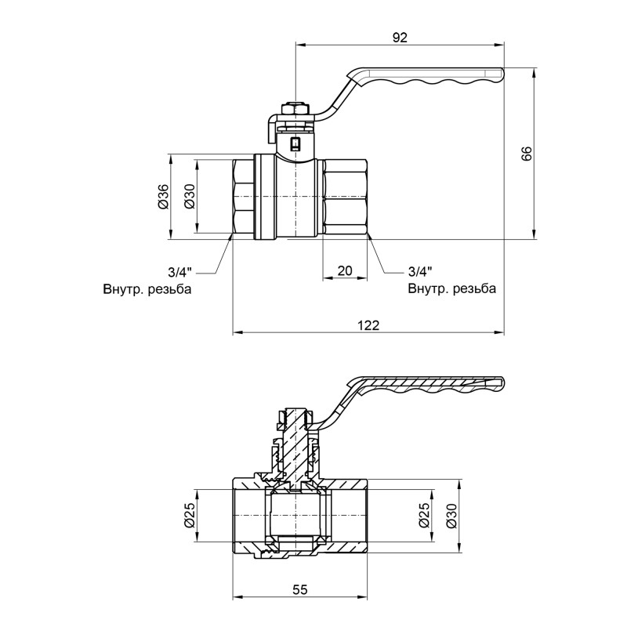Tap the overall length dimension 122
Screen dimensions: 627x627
point(368,325)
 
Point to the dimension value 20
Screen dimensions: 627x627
point(344,270)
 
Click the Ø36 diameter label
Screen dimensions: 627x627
point(163,196)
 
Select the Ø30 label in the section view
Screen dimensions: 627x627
point(451,514)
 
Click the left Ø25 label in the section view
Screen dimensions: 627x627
point(189,514)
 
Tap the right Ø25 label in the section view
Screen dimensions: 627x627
point(424,514)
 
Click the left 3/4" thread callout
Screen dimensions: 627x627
point(179,272)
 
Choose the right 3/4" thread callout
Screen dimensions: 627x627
point(420,272)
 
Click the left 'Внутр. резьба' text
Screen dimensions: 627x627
point(147,288)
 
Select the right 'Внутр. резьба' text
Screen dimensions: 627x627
point(451,288)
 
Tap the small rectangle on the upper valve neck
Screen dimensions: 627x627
point(295,143)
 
